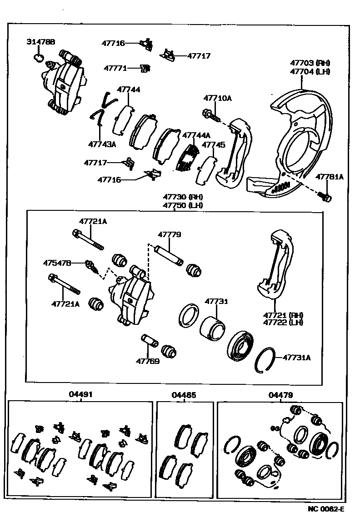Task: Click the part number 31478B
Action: (x=40, y=42)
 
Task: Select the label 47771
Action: (x=115, y=68)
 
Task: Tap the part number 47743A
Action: (x=102, y=144)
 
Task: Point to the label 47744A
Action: (x=196, y=135)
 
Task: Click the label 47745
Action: (x=213, y=145)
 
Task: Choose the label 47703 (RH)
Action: (x=310, y=63)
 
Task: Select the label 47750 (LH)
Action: (x=183, y=205)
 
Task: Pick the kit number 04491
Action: (x=81, y=395)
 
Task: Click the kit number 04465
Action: (x=184, y=395)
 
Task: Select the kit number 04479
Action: (x=280, y=395)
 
